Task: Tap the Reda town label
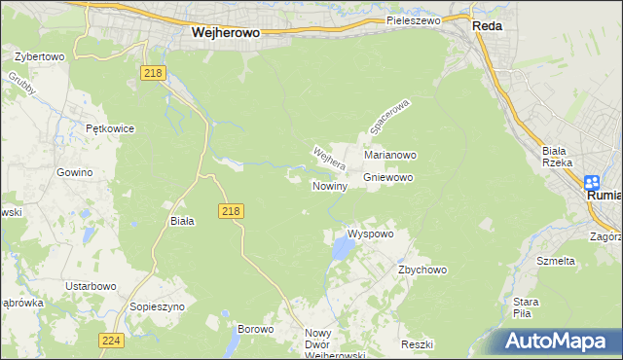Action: point(487,26)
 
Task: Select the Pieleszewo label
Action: point(414,19)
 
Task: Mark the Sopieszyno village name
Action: point(157,306)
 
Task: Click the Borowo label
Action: point(256,329)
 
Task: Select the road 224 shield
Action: point(110,340)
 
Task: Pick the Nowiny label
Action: point(329,186)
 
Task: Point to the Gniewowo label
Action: point(388,178)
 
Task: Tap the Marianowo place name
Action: point(390,155)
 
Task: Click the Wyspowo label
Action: point(370,234)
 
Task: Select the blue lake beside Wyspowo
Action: point(342,250)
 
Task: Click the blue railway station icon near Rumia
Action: point(592,181)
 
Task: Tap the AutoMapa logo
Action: point(563,342)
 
